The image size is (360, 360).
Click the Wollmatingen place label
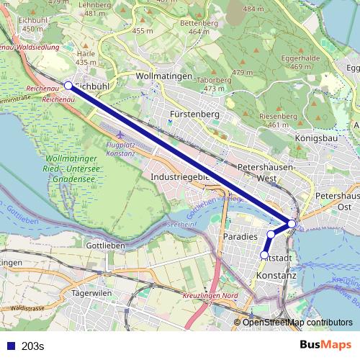tap(163, 76)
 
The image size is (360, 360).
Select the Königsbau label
tap(318, 137)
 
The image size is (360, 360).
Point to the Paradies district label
tap(240, 236)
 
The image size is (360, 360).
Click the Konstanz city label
tap(276, 276)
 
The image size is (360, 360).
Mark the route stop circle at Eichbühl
tap(68, 85)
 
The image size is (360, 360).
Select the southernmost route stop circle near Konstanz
tap(264, 255)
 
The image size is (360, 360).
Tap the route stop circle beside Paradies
tap(271, 235)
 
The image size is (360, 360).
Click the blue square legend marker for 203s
tap(10, 346)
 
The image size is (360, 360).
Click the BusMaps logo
tap(326, 346)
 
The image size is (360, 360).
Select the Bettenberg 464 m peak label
tap(204, 27)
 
